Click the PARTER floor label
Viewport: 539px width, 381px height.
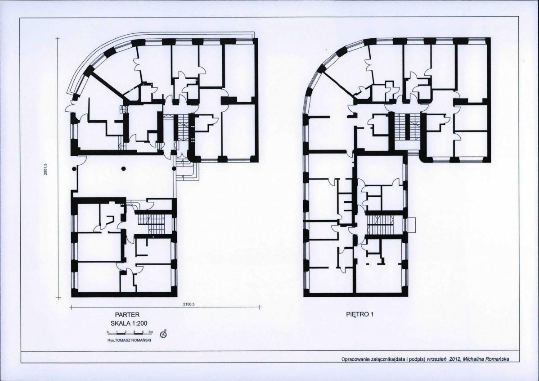click(127, 315)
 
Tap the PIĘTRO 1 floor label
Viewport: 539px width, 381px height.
click(359, 314)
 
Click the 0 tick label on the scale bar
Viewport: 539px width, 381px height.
click(108, 332)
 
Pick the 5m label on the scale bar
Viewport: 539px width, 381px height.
click(151, 332)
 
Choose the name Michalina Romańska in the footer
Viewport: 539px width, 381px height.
click(486, 359)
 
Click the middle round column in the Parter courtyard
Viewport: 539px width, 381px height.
click(123, 168)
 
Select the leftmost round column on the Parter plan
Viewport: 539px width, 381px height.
click(74, 168)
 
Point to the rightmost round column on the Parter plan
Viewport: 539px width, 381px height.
click(174, 168)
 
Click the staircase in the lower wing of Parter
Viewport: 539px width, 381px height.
click(152, 223)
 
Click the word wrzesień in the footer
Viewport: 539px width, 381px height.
click(436, 359)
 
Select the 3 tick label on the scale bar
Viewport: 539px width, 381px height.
click(134, 332)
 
